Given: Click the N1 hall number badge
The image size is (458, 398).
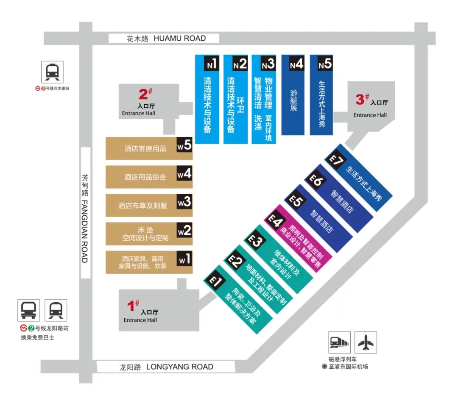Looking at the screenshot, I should coord(211,64).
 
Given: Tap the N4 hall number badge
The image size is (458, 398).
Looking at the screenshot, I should coord(296,64).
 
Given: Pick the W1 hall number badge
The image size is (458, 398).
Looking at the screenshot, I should coord(184,259).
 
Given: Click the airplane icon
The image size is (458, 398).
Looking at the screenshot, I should coord(366,342).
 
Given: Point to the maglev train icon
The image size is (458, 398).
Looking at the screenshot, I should coord(339,342).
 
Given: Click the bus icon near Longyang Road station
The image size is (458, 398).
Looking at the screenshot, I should coord(28,310).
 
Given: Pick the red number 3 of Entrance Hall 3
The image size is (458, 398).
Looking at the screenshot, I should coord(360,100).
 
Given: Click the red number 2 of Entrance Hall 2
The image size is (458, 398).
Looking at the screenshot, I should coord(143,94).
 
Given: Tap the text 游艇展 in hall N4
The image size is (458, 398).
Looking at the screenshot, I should coord(293,100).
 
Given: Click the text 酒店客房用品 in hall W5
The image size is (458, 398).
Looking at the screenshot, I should coord(145,149).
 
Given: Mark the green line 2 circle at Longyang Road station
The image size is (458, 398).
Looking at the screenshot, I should coord(31,328).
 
